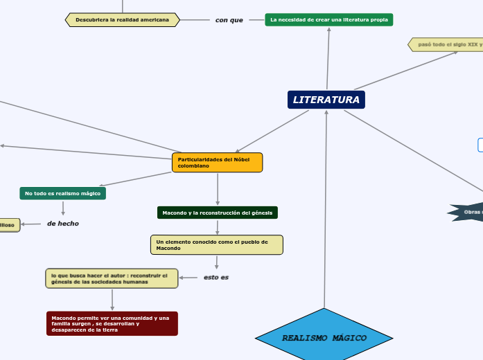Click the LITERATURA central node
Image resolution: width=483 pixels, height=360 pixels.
click(326, 100)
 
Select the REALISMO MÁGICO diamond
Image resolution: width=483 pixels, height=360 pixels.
click(324, 338)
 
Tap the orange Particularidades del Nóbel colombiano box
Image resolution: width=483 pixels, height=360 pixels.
click(217, 163)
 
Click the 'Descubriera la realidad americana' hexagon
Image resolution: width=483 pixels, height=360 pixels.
click(122, 20)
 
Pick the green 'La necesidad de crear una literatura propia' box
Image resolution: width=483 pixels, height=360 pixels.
click(328, 20)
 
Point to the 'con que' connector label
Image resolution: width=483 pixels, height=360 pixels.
click(229, 20)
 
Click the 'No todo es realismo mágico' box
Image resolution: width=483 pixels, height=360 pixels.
click(62, 193)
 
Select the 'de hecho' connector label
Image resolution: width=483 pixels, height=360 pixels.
click(62, 224)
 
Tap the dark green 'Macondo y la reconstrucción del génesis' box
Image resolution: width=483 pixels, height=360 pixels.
click(217, 213)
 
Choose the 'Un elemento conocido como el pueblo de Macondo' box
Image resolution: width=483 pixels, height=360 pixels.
click(216, 244)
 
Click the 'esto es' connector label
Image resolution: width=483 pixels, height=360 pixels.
click(216, 277)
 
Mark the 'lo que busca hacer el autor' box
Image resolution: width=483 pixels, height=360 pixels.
click(111, 278)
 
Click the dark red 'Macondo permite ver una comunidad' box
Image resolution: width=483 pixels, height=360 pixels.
click(112, 323)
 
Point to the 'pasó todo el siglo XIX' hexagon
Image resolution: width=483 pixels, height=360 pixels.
click(447, 44)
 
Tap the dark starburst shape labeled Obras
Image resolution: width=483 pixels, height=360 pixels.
click(468, 212)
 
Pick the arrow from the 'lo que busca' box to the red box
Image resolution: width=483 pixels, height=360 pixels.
click(112, 300)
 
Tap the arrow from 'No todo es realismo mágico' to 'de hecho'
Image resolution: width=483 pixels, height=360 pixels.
click(63, 208)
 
